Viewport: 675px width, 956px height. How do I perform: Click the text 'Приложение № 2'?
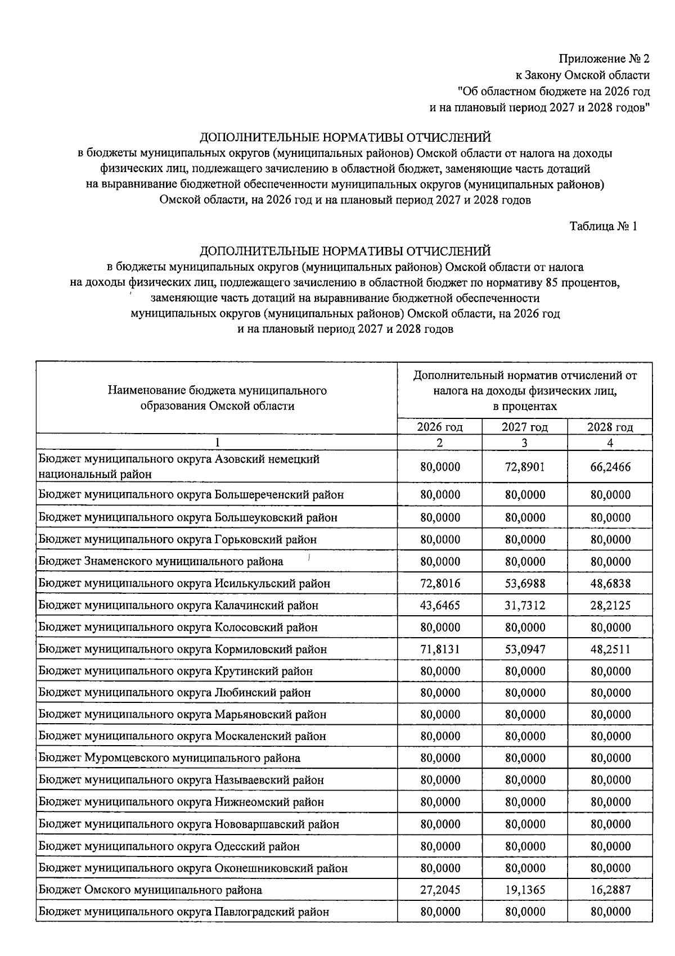coord(604,59)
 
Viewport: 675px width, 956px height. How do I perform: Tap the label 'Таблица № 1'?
coord(603,226)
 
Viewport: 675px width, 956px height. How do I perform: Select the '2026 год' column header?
coord(439,427)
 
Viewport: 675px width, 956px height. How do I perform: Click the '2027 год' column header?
coord(524,427)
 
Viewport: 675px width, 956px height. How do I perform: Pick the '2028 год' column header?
coord(610,427)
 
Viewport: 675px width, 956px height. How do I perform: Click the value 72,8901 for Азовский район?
coord(524,467)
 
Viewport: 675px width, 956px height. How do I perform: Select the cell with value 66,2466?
coord(610,467)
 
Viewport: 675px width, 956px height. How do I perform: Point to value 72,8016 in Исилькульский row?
coord(439,583)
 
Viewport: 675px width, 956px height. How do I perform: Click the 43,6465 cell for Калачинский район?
coord(439,605)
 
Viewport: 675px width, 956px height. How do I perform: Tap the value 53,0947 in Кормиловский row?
coord(524,649)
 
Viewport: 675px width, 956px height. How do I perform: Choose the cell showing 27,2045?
coord(439,890)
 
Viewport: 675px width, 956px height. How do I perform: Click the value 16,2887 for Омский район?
coord(610,890)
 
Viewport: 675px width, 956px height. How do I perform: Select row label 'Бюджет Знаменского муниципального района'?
coord(161,561)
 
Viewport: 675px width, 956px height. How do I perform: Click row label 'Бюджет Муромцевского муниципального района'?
coord(169,758)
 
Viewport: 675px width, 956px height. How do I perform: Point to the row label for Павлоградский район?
coord(183,912)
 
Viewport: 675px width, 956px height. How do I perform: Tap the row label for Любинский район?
coord(174,693)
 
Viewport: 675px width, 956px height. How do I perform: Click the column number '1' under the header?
coord(217,443)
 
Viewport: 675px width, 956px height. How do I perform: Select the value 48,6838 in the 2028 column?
coord(610,583)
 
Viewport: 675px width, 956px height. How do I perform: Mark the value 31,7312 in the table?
coord(524,605)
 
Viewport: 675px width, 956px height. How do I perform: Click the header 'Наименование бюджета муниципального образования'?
coord(217,398)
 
